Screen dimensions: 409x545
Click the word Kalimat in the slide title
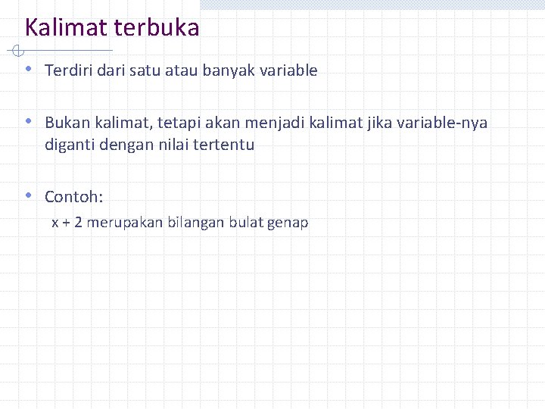(67, 28)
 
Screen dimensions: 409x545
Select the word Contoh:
(73, 197)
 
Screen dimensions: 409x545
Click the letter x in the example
(54, 223)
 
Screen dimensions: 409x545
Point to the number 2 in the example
(78, 223)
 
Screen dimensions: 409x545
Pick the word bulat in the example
(248, 223)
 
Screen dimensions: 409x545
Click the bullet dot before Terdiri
(28, 69)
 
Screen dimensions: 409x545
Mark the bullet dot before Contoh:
(28, 195)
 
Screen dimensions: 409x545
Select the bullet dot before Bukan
(28, 120)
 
